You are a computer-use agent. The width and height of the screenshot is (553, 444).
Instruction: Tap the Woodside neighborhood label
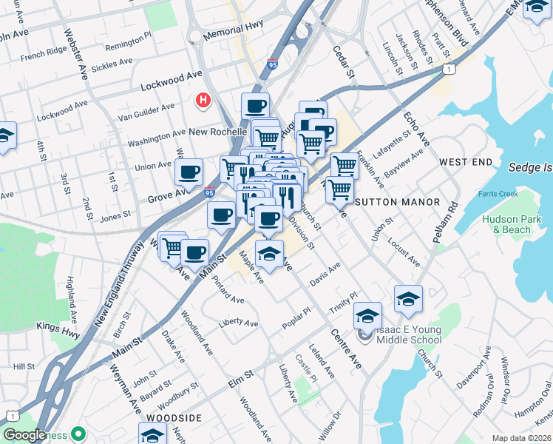(174, 418)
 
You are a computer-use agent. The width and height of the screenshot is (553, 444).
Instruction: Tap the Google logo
(25, 436)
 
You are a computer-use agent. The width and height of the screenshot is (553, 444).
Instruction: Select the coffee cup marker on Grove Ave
(189, 172)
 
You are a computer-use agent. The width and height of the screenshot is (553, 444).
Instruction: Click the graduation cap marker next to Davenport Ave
(408, 299)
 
